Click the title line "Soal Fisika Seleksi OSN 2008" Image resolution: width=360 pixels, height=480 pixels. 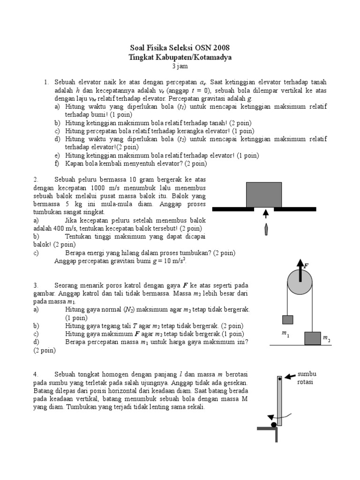180,48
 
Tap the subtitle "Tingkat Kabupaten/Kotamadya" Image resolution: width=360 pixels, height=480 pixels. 180,57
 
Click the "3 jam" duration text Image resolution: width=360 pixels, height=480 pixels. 180,66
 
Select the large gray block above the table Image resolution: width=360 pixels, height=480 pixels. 264,195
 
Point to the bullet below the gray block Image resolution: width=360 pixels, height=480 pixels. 266,230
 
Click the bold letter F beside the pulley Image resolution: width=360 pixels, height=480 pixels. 307,266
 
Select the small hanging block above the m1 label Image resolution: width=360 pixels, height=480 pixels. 287,320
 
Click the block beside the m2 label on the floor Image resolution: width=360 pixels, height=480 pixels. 313,338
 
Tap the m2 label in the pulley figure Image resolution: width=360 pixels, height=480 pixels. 326,338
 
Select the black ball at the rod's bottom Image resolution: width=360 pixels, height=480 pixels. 273,424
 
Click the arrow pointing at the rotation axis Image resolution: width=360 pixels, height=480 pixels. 290,375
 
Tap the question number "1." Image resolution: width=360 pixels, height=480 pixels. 47,82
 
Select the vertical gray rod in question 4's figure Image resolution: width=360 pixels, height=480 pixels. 279,401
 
